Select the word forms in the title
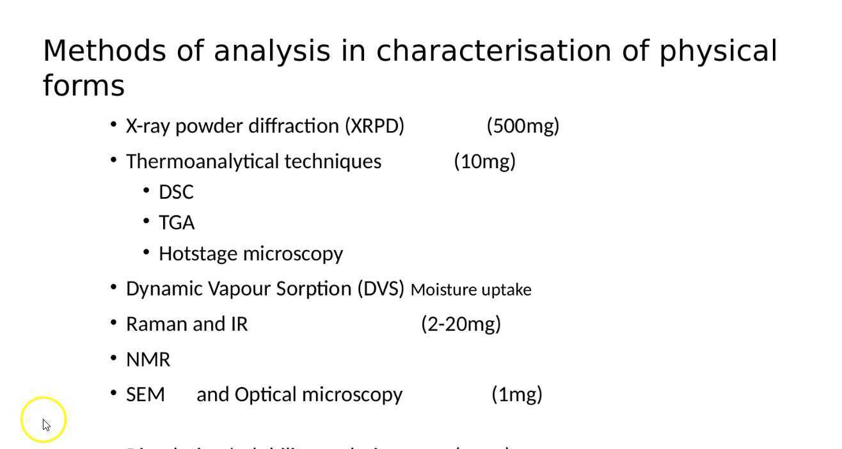[83, 86]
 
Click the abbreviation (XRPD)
[374, 126]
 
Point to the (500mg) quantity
[523, 126]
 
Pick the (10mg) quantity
[484, 162]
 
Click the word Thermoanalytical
[203, 162]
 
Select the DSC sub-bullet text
[176, 193]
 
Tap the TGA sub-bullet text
[177, 223]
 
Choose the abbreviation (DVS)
[381, 289]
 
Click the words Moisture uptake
[471, 290]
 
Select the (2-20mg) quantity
[461, 324]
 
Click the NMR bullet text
[148, 360]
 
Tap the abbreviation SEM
[145, 395]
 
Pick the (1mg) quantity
[517, 395]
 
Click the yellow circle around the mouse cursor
[44, 420]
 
